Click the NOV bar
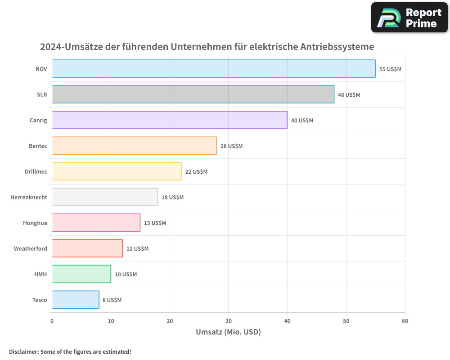tap(214, 69)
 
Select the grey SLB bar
tap(193, 94)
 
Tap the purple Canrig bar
tap(170, 120)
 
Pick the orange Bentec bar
tap(134, 146)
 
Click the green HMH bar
tap(81, 274)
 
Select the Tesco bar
tap(76, 300)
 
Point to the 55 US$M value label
tap(390, 69)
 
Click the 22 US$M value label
tap(196, 172)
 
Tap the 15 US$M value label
tap(155, 223)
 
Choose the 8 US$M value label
tap(112, 300)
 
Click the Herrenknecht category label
tap(29, 197)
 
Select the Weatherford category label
tap(30, 248)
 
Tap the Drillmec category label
tap(36, 171)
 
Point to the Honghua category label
tap(35, 223)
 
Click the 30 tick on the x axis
tap(229, 321)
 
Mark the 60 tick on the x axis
tap(405, 321)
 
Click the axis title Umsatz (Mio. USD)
tap(228, 332)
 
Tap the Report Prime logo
tap(409, 18)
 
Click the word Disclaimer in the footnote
tap(23, 351)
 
